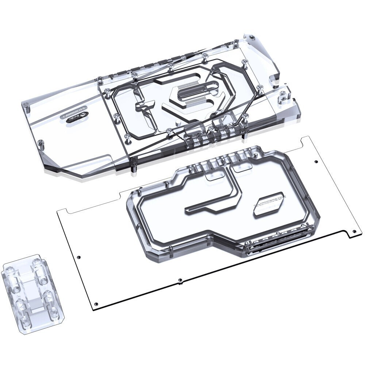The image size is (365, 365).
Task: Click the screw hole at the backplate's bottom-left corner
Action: click(96, 304)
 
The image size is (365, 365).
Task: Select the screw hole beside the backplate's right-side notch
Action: click(354, 231)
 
